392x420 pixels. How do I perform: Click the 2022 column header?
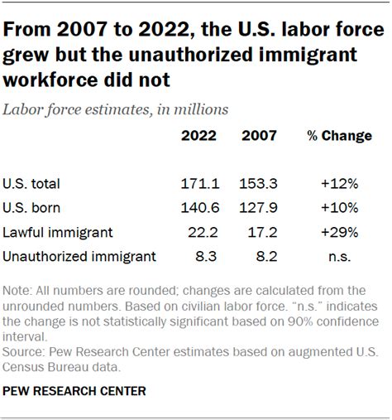(198, 136)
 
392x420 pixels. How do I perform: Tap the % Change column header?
(340, 136)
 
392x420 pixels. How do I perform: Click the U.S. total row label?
(32, 183)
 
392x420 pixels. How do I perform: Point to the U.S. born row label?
(31, 208)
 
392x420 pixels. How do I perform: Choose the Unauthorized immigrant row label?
(79, 257)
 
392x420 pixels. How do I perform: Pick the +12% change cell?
(341, 183)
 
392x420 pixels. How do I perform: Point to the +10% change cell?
(341, 208)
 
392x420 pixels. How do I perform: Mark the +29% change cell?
(341, 232)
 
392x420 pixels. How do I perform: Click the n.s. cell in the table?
(341, 257)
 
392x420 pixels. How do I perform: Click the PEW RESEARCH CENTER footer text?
(75, 389)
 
